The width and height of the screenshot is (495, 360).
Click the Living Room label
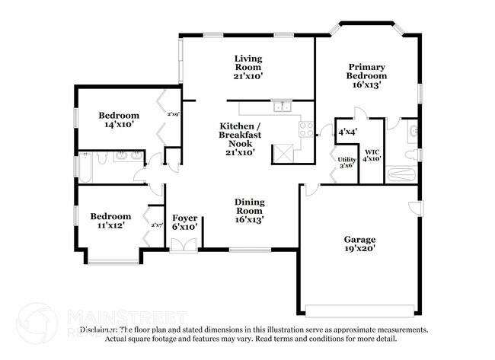coord(248,66)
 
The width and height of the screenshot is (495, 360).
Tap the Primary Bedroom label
coord(366,75)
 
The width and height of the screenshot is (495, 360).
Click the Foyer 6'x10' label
coord(185,221)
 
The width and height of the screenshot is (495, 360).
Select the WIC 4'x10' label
coord(372,155)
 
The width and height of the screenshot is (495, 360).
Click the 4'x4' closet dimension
coord(348,132)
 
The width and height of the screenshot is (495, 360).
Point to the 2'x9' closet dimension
coord(173,114)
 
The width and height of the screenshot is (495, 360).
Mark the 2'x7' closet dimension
coord(158,225)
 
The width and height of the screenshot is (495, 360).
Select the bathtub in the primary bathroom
coord(401,175)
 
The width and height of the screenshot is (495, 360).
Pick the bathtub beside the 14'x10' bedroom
coord(85,168)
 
